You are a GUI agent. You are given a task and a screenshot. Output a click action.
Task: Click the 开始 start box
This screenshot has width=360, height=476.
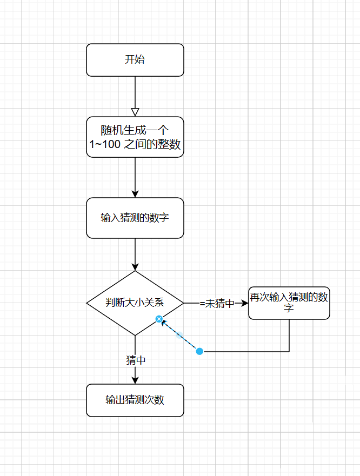tap(135, 60)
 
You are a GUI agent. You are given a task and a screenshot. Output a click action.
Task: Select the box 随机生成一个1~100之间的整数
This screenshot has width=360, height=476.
tap(135, 137)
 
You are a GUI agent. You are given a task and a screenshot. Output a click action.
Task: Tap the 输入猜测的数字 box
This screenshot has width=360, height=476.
tap(135, 218)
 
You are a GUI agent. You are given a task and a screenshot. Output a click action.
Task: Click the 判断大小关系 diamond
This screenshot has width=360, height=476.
tap(135, 303)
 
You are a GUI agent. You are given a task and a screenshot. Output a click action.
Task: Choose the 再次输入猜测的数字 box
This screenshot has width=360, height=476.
tap(289, 303)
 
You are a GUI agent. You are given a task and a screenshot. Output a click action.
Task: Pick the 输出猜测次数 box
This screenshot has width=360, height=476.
tap(135, 400)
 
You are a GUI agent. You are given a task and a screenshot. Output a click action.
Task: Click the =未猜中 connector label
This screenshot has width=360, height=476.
tap(216, 304)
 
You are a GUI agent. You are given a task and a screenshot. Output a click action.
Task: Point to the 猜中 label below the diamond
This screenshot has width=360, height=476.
tap(135, 360)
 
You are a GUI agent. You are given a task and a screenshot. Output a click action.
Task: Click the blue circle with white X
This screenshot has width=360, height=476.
tap(159, 319)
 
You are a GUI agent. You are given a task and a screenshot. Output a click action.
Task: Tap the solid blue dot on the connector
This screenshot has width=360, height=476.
tap(199, 352)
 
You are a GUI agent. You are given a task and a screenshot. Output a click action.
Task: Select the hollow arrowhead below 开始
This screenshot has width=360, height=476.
tap(135, 112)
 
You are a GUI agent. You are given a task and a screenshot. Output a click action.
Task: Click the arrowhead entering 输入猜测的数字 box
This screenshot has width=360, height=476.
tap(135, 193)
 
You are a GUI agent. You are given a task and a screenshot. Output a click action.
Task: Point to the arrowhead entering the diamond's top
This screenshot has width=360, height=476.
tap(135, 266)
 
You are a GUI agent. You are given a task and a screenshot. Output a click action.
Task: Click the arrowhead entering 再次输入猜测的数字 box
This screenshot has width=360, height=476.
tap(244, 303)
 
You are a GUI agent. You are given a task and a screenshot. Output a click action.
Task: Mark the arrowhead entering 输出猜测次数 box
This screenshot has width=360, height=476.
tap(135, 380)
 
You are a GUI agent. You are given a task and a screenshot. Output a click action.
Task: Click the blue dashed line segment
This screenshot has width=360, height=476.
tap(179, 336)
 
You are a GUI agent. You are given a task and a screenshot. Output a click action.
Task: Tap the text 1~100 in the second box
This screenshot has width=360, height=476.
tap(104, 145)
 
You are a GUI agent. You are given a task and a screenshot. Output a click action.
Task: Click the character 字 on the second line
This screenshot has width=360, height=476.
tap(289, 309)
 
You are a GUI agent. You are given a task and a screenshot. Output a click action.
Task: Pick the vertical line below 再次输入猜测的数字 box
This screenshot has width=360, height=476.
tap(289, 335)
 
